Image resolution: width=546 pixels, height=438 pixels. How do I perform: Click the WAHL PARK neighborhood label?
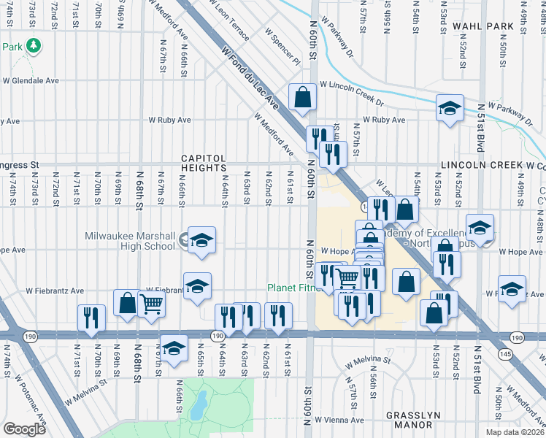[483, 26]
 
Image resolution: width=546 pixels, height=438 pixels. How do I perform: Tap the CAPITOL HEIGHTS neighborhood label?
[204, 164]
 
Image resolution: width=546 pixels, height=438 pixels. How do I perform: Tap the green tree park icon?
[33, 46]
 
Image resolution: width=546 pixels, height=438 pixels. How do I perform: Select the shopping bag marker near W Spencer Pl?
[301, 96]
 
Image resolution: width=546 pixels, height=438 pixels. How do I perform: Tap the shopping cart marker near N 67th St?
[151, 303]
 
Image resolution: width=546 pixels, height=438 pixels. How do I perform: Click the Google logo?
[24, 429]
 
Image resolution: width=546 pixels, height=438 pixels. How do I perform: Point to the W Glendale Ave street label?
[29, 80]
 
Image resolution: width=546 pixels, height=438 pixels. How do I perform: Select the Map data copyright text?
[515, 432]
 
